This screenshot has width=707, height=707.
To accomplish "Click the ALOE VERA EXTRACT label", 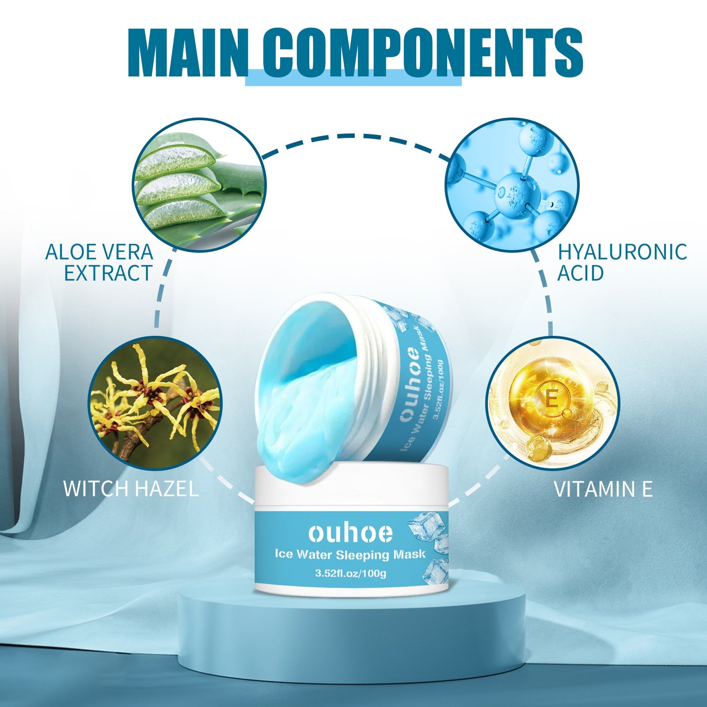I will coord(99,262).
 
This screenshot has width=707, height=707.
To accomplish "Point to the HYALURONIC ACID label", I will coord(622,262).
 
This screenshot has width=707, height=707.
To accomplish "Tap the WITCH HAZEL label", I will coord(131,489).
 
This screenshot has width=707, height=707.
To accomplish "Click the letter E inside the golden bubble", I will coord(551,399).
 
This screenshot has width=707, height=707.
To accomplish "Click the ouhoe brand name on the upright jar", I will coord(350,533).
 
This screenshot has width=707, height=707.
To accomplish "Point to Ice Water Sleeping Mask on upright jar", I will coord(350,554).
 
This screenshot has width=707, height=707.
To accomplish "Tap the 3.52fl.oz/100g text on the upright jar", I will coord(350,574).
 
